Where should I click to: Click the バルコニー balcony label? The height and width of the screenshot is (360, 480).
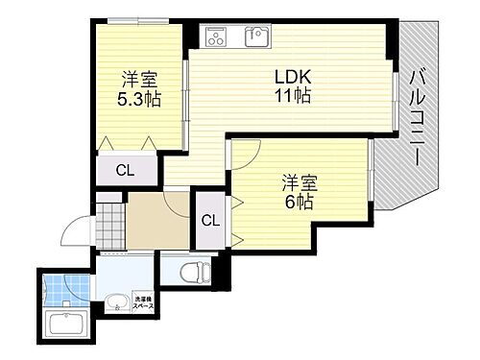pos(418,116)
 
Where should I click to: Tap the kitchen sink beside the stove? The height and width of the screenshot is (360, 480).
pos(255,37)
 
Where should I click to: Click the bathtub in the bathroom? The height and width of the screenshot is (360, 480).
pos(65,321)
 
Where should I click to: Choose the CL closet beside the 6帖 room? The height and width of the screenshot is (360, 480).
pos(210,219)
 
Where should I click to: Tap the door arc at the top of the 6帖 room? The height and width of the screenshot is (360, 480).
pos(247,152)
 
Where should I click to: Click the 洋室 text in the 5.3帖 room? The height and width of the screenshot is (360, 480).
pos(140,78)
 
